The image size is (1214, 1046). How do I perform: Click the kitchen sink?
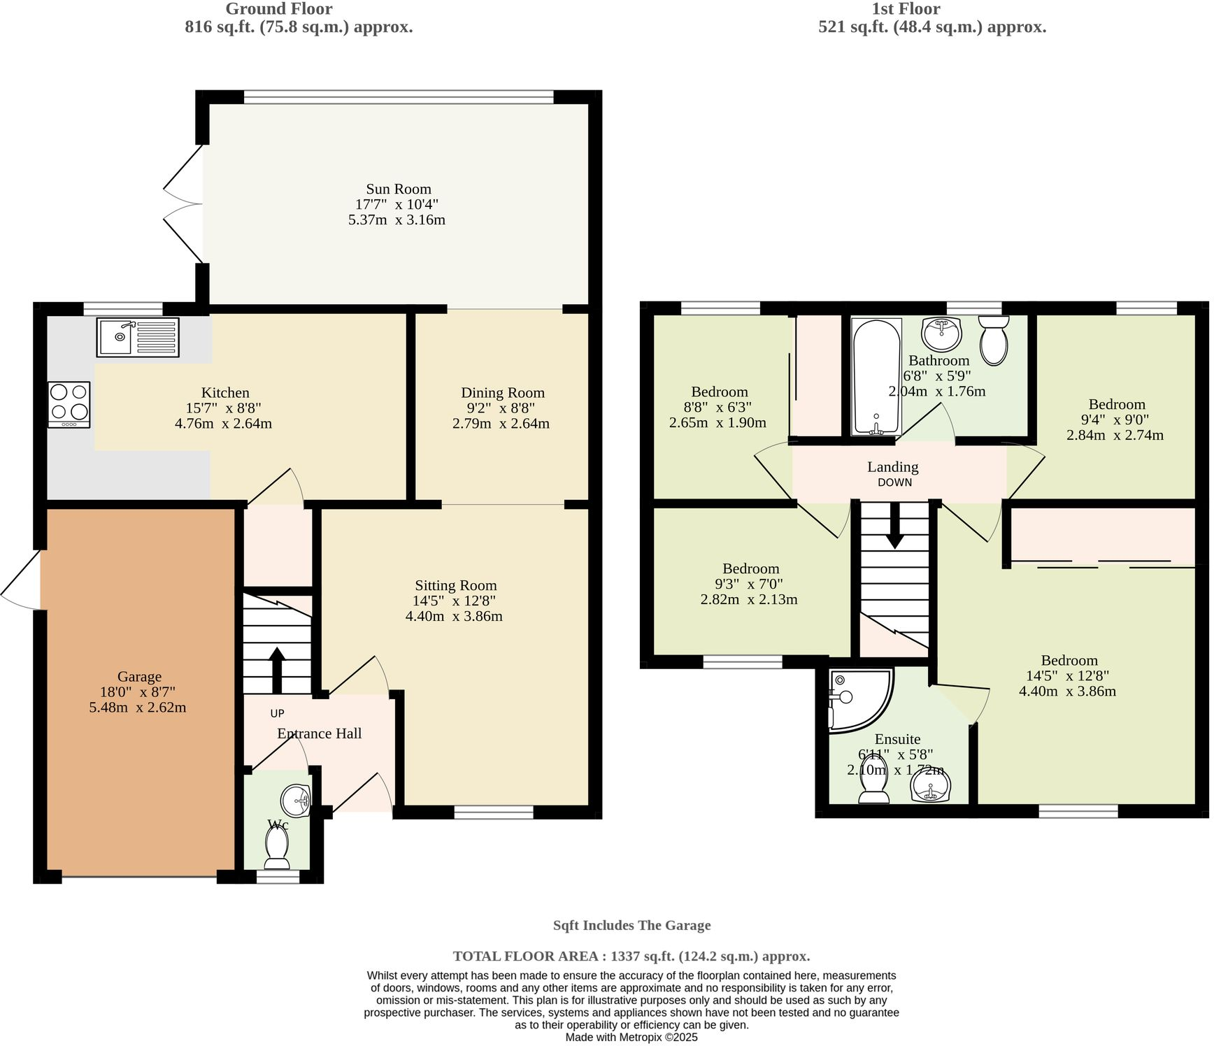(138, 337)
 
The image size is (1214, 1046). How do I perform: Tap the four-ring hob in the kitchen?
(69, 404)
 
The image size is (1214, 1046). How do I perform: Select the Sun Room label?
(398, 189)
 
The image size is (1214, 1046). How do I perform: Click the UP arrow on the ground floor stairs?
(277, 668)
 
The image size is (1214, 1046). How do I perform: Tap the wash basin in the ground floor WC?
(297, 798)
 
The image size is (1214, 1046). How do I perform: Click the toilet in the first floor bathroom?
(993, 340)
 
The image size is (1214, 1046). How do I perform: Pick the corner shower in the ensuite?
(857, 699)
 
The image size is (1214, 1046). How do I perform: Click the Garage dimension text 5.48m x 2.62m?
(138, 707)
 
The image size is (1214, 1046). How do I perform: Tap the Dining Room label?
(502, 393)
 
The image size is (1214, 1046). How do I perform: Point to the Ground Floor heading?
(278, 9)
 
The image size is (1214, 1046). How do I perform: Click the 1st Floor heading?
(905, 9)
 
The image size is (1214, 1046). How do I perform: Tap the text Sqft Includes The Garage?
(631, 925)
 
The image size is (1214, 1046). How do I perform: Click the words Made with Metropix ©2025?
(631, 1038)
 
